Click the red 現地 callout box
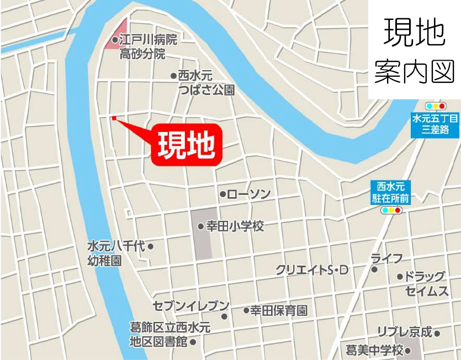[x=186, y=145]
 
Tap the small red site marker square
[x=114, y=118]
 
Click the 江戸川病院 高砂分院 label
[x=146, y=47]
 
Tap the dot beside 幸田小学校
[x=200, y=226]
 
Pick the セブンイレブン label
[x=191, y=306]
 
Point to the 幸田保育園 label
[x=279, y=310]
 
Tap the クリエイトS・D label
[x=312, y=270]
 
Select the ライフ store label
[x=386, y=258]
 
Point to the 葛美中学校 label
[x=375, y=350]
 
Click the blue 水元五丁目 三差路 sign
[x=435, y=125]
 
